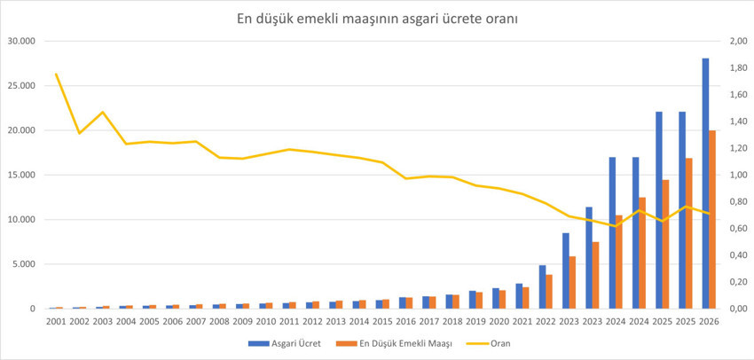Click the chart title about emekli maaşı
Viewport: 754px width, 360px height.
pos(378,17)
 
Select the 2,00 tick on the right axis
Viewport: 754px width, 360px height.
pos(738,42)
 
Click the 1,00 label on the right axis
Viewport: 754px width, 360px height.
pos(738,175)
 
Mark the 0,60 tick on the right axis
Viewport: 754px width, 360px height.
pos(738,229)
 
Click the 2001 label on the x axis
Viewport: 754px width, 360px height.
pos(56,322)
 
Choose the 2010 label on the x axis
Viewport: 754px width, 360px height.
pos(266,322)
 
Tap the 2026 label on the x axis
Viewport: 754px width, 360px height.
pos(709,322)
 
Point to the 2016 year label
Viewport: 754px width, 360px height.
pos(405,322)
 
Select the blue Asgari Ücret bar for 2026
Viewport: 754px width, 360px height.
pos(705,184)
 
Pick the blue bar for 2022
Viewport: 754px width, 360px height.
pos(542,286)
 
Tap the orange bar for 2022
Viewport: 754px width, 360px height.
pos(550,292)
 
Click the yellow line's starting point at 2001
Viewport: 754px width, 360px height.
pos(57,74)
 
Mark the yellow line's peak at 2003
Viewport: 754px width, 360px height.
pos(103,113)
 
